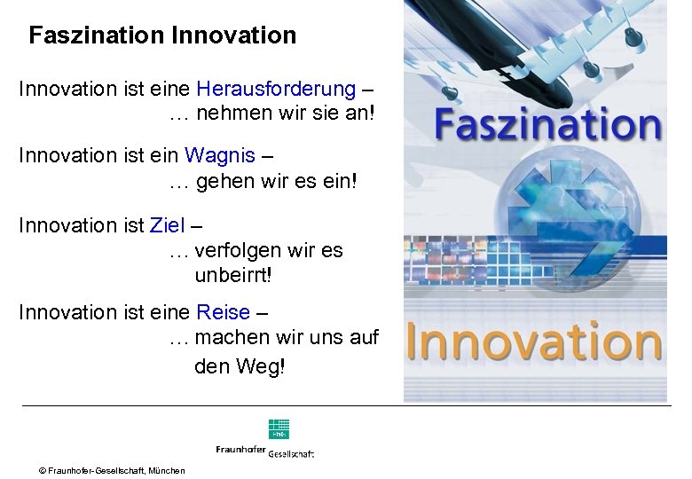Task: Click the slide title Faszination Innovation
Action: pyautogui.click(x=162, y=35)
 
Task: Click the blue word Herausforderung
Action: pyautogui.click(x=276, y=89)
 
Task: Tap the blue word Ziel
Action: pyautogui.click(x=168, y=225)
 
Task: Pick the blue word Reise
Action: pyautogui.click(x=224, y=312)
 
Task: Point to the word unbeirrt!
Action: pyautogui.click(x=233, y=275)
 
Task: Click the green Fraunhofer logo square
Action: pyautogui.click(x=279, y=428)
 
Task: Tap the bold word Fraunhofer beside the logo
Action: pyautogui.click(x=240, y=450)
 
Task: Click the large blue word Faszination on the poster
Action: pyautogui.click(x=547, y=125)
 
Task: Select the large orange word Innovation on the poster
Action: pyautogui.click(x=534, y=340)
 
